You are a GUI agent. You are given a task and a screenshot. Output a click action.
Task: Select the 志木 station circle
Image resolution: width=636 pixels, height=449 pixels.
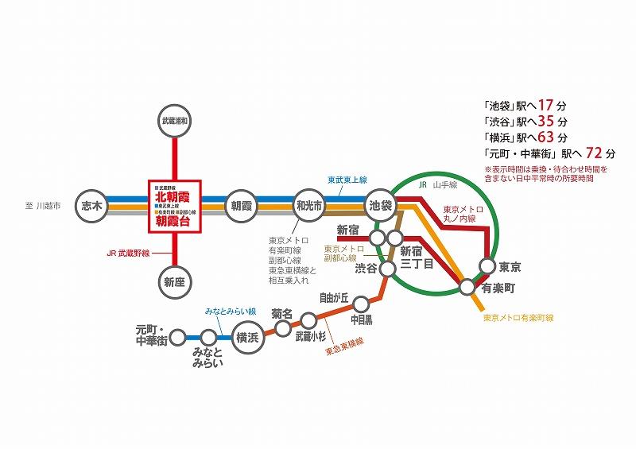[93, 205]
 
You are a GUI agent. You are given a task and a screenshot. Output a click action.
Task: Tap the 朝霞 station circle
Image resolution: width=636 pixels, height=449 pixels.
[242, 205]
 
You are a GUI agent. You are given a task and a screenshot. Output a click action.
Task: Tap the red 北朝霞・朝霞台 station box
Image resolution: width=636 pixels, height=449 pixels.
[174, 205]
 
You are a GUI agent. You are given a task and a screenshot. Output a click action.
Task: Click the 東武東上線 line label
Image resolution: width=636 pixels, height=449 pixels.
[347, 180]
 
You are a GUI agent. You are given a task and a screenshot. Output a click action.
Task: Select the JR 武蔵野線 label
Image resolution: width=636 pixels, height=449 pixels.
[128, 254]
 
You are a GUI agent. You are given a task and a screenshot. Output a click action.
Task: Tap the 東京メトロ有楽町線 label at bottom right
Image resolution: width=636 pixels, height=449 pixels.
[518, 318]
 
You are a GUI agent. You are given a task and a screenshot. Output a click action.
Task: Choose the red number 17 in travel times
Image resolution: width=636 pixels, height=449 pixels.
[545, 105]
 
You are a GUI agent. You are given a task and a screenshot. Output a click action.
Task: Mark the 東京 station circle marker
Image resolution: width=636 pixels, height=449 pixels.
[489, 266]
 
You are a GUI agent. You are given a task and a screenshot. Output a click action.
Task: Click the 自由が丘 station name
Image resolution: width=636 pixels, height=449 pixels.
[335, 299]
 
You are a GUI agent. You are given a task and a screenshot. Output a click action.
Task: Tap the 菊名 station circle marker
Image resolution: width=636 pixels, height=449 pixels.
[282, 327]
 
